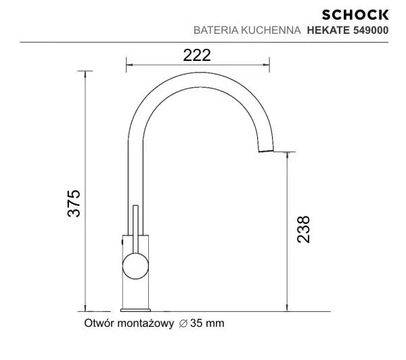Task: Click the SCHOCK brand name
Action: (x=364, y=14)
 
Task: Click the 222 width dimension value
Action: (x=197, y=55)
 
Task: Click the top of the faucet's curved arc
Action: (x=196, y=73)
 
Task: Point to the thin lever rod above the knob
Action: (x=137, y=227)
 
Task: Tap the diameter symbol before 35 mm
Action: (x=183, y=323)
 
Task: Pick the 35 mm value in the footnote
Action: (x=207, y=323)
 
